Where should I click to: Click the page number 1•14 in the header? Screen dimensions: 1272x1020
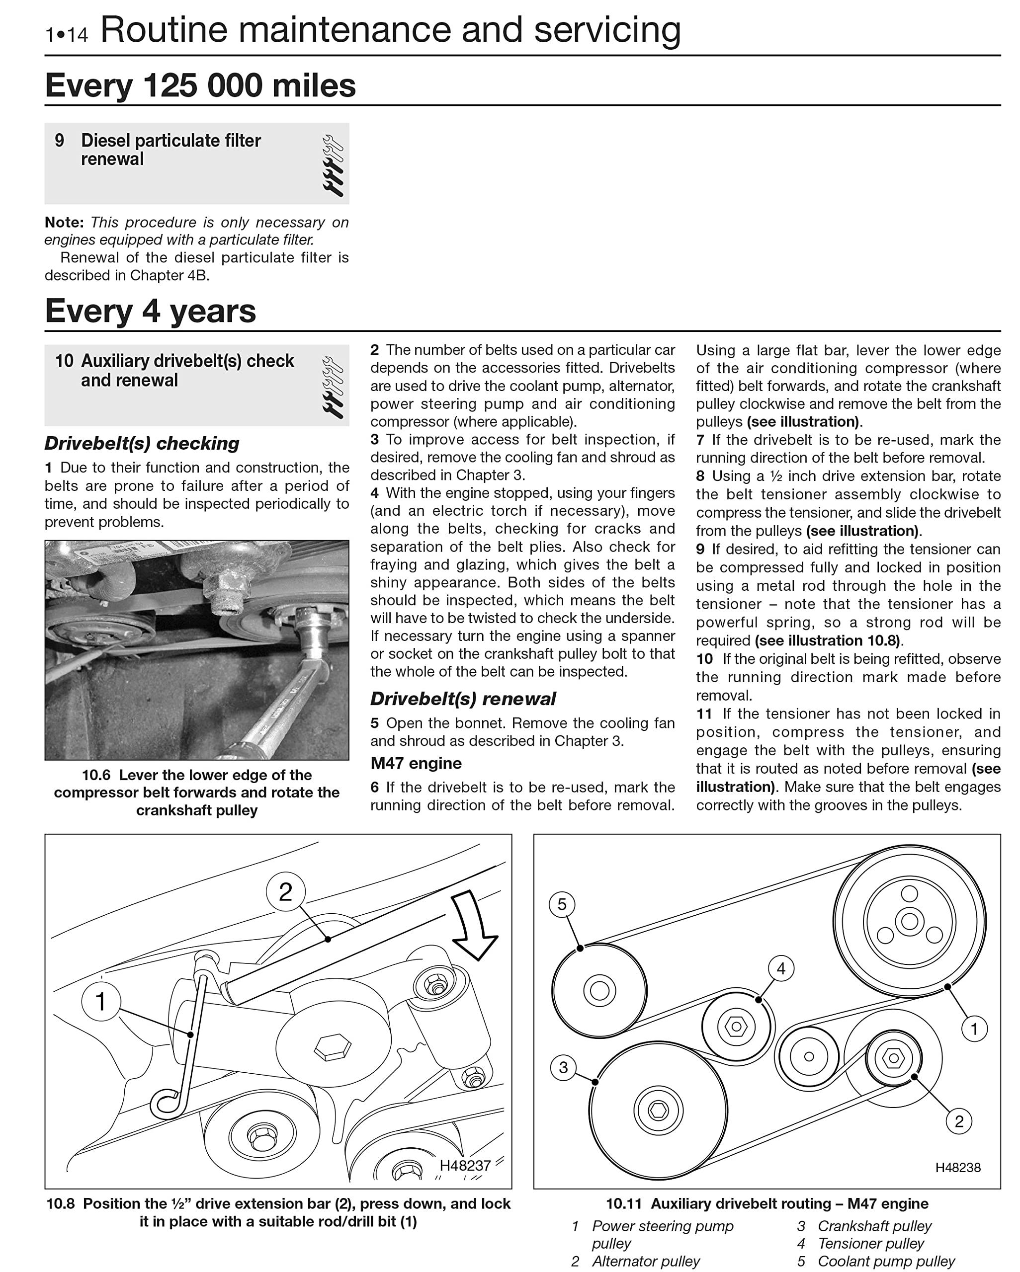click(x=66, y=34)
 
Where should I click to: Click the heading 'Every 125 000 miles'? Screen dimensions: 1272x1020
click(x=200, y=85)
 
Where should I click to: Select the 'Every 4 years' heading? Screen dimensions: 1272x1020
click(x=151, y=311)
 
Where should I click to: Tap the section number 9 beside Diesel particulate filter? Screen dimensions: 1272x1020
click(x=60, y=141)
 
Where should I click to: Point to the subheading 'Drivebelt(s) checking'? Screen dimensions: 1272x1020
click(x=142, y=443)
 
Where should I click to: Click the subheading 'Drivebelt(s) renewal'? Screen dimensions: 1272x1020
click(x=463, y=699)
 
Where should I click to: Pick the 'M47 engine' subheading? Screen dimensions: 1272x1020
click(x=416, y=763)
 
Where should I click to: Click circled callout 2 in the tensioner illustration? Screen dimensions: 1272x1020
click(x=286, y=892)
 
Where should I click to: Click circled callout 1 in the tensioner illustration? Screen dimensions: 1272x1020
click(x=101, y=1001)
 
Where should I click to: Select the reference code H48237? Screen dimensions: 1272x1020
click(x=465, y=1165)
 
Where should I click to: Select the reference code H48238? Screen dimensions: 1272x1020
click(x=957, y=1168)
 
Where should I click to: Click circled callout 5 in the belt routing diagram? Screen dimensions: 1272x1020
click(x=562, y=904)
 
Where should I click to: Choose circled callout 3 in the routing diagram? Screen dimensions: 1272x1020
click(x=564, y=1067)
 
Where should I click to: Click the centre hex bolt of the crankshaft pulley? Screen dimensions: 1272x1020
click(x=658, y=1111)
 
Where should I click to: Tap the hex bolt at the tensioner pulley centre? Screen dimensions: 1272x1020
click(x=736, y=1027)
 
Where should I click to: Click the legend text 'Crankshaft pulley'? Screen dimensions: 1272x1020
click(x=874, y=1226)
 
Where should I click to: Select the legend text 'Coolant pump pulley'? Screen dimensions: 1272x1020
click(x=886, y=1262)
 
